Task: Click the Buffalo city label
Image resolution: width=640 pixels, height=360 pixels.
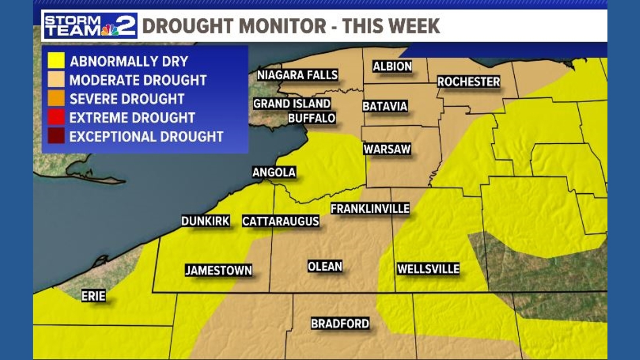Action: pos(312,119)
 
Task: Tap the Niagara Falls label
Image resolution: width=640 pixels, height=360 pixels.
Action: pos(298,75)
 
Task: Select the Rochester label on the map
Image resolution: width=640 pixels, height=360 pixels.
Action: pos(468,82)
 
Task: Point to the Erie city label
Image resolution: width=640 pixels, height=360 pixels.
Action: pos(93,296)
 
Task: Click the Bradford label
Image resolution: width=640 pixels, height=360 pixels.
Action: pos(340,323)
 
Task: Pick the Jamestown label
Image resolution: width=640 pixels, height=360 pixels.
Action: pos(218,271)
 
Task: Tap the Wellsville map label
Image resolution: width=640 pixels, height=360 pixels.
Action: pos(428,269)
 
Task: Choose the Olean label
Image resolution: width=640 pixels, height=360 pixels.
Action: pos(325,266)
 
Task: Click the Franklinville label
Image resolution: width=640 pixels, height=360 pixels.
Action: pos(370,209)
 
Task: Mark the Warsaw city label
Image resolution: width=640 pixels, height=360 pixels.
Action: pos(387,149)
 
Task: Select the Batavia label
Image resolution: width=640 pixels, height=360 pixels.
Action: pos(385,106)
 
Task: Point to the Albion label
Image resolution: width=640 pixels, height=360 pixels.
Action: pos(392,67)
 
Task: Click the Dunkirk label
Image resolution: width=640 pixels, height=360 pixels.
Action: pos(205,221)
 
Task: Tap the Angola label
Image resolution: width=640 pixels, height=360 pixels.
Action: pos(274,172)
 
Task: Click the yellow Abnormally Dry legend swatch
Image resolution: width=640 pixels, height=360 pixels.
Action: pos(56,61)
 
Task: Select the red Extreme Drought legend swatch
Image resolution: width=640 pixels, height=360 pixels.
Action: pos(56,117)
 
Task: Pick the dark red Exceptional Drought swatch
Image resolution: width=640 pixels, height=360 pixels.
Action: pos(56,136)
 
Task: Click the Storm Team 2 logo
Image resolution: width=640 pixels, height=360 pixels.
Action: pos(90,26)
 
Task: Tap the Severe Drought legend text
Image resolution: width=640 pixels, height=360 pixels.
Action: pos(127,99)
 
